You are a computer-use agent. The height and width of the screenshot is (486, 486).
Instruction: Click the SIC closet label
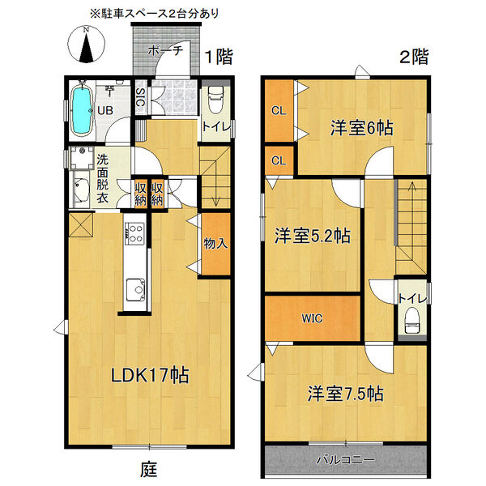[140, 101]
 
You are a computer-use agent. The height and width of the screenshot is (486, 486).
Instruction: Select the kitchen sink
[135, 288]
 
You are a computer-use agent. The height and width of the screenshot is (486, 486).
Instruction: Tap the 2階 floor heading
[413, 57]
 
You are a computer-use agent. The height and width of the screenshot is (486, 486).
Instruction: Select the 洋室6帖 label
[361, 127]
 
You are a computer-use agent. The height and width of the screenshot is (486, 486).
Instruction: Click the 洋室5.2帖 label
[311, 236]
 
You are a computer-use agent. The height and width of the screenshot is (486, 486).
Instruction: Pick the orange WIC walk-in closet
[312, 318]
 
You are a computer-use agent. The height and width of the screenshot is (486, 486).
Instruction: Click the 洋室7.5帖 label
[345, 394]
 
